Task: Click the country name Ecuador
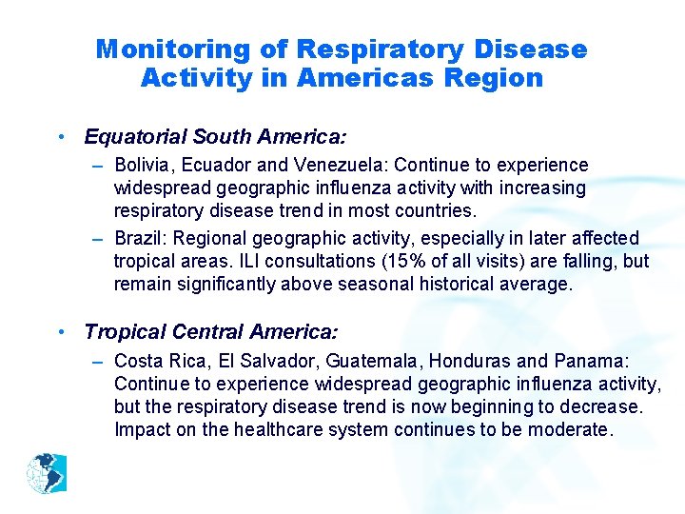click(x=220, y=166)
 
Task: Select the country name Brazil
click(x=139, y=238)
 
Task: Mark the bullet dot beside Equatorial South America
click(x=61, y=138)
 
